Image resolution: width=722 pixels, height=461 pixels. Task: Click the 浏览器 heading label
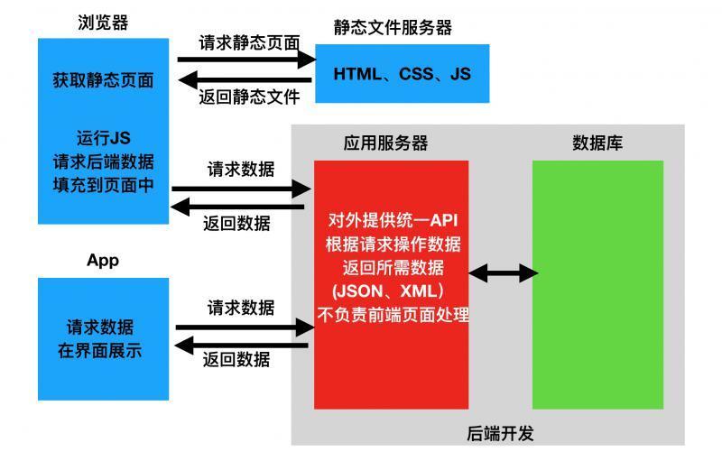click(103, 23)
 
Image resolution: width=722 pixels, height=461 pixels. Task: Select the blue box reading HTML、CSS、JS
click(402, 74)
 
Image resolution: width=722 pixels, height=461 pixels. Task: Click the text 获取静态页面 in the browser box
click(103, 80)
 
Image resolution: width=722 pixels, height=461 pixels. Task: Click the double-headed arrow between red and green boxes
click(503, 272)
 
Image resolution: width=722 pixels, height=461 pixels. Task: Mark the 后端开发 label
click(502, 433)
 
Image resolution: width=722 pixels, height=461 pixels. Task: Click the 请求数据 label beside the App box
click(241, 308)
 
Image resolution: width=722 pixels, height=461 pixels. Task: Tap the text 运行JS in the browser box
click(104, 138)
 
